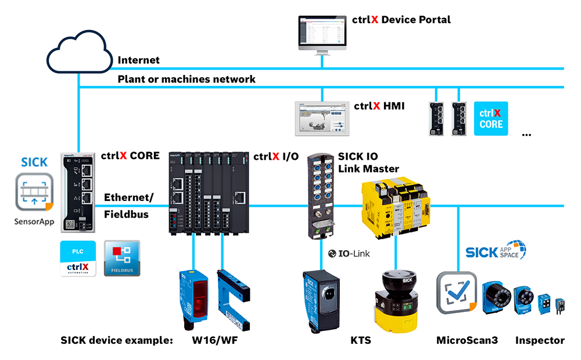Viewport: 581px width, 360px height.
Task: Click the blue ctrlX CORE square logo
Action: (x=491, y=118)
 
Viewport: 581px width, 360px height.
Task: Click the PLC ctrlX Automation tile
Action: (x=78, y=259)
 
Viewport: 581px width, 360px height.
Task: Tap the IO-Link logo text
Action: (x=349, y=254)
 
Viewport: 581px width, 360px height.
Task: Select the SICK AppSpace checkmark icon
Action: (x=457, y=293)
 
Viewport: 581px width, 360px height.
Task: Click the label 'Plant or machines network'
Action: (x=187, y=79)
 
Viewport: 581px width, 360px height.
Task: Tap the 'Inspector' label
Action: (x=539, y=340)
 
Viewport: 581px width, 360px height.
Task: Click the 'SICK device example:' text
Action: (x=117, y=341)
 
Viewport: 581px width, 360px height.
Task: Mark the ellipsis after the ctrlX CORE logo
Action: (x=526, y=134)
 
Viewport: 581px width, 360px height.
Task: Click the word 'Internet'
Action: (x=138, y=60)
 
